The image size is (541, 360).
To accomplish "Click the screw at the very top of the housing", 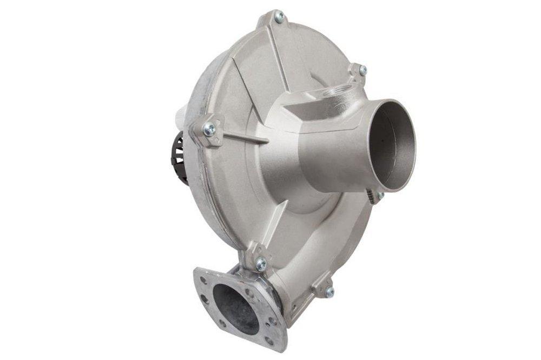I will pos(279,17).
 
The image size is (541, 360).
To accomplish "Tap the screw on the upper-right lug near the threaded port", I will pos(362,70).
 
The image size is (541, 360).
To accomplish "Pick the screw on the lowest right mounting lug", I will pos(329,291).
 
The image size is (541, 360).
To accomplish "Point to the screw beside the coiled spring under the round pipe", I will pos(380,195).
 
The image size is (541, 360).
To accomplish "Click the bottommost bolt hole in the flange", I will pos(269,342).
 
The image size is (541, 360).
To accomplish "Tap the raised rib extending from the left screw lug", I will pos(243,137).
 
